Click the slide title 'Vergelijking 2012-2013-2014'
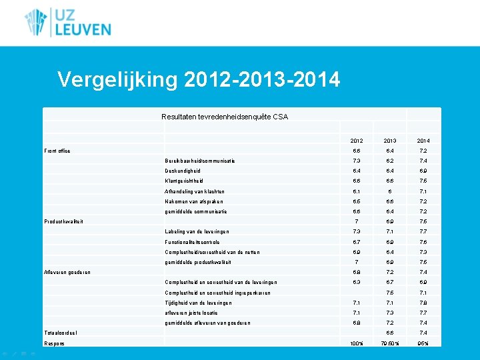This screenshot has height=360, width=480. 199,80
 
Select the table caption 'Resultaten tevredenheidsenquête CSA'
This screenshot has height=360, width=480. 225,117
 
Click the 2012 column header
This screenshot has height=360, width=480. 357,141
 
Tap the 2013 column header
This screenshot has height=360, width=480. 390,141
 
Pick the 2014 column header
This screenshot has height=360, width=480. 423,141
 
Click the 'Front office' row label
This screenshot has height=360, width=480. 57,151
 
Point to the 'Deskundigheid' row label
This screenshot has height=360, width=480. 182,171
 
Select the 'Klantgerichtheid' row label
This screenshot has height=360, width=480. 184,181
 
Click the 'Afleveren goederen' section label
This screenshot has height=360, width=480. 67,272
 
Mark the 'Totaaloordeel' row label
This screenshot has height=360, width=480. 60,333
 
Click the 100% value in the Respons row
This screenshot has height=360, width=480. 357,343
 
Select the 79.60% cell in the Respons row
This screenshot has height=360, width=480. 390,343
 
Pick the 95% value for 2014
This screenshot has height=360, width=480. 423,343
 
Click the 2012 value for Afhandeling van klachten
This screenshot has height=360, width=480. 357,191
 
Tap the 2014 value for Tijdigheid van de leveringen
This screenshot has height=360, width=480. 423,303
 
